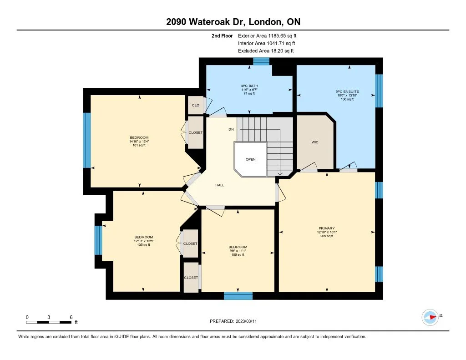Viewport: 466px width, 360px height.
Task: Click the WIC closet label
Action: (x=315, y=142)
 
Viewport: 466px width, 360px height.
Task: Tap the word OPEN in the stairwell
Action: (x=251, y=159)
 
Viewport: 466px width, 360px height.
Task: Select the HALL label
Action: (x=220, y=185)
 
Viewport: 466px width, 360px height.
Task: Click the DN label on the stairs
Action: (x=231, y=129)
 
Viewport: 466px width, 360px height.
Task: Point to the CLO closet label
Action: (x=196, y=105)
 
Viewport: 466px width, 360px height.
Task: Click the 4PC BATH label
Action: (x=249, y=86)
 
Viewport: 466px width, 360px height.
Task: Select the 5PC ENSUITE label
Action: (x=347, y=91)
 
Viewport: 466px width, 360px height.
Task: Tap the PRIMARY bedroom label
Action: (x=327, y=228)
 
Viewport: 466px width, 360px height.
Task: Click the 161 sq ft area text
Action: (x=139, y=145)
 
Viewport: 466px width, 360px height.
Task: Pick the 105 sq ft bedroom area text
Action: (x=238, y=254)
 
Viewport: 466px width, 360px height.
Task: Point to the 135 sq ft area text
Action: (x=143, y=245)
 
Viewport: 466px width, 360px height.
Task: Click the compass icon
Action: (x=430, y=317)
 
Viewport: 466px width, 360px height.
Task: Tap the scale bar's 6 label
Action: (x=71, y=317)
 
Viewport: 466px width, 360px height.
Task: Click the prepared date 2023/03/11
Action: (x=246, y=321)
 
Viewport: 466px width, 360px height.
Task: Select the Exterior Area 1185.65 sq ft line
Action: (x=267, y=35)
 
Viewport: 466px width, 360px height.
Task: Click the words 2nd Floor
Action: (x=222, y=35)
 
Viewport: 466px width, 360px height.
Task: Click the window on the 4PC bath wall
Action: (x=261, y=61)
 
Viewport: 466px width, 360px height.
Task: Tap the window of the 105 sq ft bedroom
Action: (x=238, y=296)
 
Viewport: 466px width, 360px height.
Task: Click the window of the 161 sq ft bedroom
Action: (x=87, y=140)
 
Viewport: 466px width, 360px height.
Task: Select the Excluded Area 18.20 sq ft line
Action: (x=266, y=51)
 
